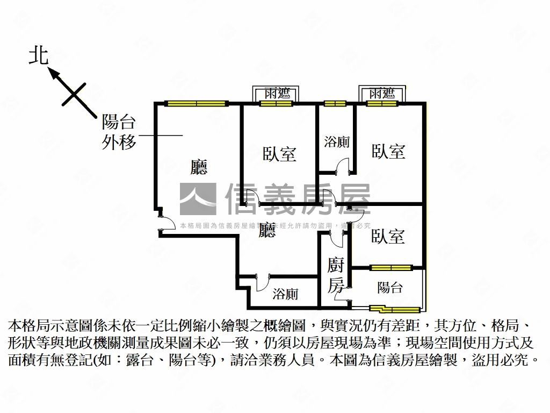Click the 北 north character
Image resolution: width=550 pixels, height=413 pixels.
(x=39, y=56)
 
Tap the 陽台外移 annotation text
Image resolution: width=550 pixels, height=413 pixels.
(x=119, y=133)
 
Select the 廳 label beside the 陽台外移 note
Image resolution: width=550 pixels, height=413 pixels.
(x=199, y=168)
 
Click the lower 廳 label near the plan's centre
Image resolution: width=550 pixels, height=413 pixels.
(x=267, y=231)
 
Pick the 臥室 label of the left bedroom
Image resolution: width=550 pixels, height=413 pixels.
(x=279, y=154)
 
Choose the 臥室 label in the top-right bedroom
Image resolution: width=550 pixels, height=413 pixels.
(x=388, y=152)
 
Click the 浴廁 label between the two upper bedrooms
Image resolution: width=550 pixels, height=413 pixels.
(x=337, y=142)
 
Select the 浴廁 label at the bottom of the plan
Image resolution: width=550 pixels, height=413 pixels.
(x=285, y=294)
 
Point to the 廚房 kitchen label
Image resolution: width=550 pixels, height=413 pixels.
(x=336, y=275)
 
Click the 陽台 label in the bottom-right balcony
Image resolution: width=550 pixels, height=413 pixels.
(x=389, y=288)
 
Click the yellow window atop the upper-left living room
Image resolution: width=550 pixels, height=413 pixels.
(x=197, y=103)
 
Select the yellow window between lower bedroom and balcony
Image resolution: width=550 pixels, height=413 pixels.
(x=390, y=267)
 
